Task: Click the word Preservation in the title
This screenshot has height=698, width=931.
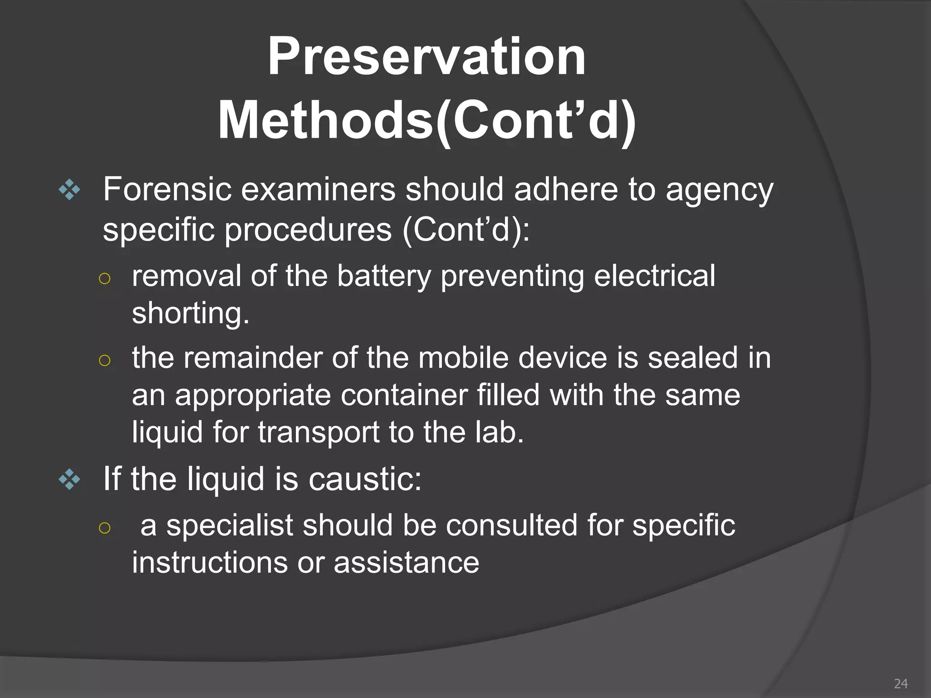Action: pyautogui.click(x=426, y=56)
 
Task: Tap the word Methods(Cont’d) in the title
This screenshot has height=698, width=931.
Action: pyautogui.click(x=426, y=121)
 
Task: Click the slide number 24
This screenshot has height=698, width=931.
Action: pyautogui.click(x=901, y=683)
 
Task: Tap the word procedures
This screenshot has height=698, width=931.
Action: pyautogui.click(x=308, y=230)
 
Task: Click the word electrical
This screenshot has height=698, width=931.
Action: pyautogui.click(x=654, y=275)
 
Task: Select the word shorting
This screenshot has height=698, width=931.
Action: pyautogui.click(x=190, y=314)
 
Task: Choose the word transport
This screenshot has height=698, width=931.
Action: pyautogui.click(x=318, y=433)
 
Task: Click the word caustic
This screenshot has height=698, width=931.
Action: pyautogui.click(x=365, y=479)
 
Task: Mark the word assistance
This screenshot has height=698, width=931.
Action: pyautogui.click(x=406, y=563)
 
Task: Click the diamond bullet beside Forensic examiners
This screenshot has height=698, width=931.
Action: pyautogui.click(x=70, y=190)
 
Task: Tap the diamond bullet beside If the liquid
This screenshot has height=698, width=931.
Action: pyautogui.click(x=70, y=479)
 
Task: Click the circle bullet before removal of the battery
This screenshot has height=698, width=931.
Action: pyautogui.click(x=105, y=279)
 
